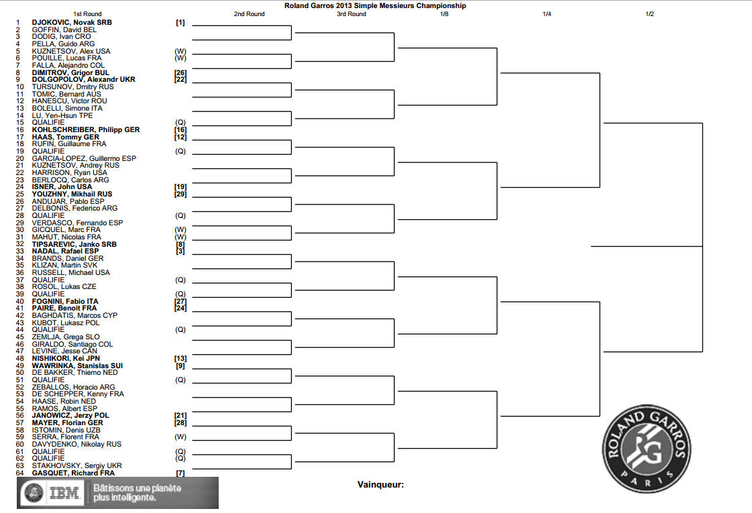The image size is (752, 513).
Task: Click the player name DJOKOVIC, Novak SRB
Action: [72, 22]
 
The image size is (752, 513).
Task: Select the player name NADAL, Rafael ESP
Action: [64, 251]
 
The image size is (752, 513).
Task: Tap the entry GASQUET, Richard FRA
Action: [73, 473]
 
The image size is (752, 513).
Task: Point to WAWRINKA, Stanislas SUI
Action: [77, 365]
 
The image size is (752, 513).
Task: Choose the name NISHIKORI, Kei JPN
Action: [66, 358]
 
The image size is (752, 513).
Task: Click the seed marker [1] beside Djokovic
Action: [180, 22]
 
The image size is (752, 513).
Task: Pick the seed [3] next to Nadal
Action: [180, 251]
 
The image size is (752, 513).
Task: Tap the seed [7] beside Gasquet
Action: [180, 473]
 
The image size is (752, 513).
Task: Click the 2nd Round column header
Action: [249, 14]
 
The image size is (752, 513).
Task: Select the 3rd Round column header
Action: [352, 14]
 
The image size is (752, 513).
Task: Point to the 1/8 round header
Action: [444, 14]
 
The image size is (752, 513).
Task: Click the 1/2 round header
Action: [649, 14]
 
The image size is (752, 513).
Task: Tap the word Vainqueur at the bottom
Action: [380, 484]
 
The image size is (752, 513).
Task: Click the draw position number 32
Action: [19, 244]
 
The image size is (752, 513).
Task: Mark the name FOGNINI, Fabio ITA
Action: [65, 301]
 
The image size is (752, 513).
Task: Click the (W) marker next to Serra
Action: [180, 437]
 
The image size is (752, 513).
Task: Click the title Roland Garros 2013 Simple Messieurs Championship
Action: [375, 5]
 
